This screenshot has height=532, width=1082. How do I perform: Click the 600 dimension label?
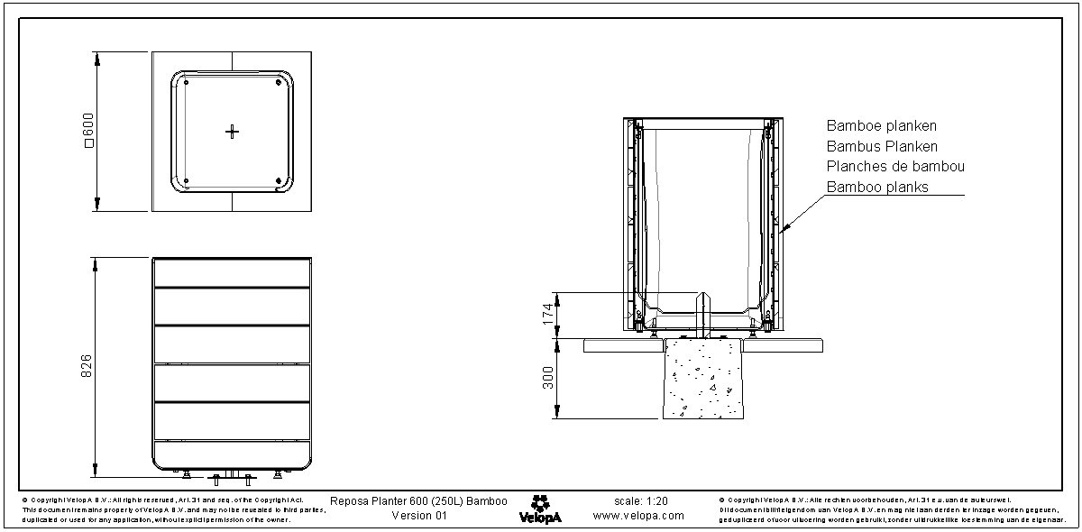point(87,132)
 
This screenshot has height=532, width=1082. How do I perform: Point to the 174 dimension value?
point(546,315)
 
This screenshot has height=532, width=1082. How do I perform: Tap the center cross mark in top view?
point(232,132)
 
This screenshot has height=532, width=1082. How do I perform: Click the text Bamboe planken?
point(881,126)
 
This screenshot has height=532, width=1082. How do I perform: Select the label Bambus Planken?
point(882,146)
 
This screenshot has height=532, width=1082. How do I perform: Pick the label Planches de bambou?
point(895,167)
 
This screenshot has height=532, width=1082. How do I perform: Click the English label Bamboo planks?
point(877,188)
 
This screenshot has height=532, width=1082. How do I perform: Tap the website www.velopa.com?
point(638,516)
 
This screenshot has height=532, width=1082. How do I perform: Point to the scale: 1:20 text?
point(639,500)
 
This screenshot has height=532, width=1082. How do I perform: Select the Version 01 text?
point(419,516)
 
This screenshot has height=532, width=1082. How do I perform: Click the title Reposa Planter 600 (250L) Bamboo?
point(418,500)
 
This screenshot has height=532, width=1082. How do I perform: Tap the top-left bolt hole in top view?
point(186,83)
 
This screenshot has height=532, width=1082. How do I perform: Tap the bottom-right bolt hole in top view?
point(278,180)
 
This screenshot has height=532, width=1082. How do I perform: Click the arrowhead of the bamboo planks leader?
point(785,230)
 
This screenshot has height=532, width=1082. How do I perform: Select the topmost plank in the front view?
point(232,272)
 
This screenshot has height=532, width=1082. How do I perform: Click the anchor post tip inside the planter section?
point(704,295)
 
